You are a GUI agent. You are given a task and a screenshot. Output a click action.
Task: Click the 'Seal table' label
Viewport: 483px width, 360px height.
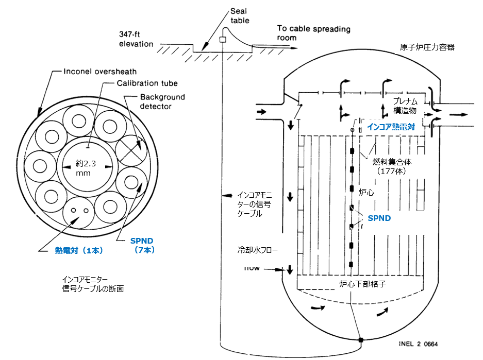coord(239,16)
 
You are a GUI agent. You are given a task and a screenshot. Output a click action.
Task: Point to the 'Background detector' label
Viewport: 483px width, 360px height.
coord(162,101)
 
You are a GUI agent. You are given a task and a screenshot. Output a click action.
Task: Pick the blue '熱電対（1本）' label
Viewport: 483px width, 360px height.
coord(79,250)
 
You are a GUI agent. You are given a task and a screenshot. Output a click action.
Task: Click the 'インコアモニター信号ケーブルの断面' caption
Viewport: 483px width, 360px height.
coord(93,284)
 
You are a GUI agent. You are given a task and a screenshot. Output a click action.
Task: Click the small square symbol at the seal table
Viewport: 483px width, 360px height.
coord(223,40)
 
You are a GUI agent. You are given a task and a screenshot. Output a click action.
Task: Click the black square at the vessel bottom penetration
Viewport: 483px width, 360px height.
coord(361,339)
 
